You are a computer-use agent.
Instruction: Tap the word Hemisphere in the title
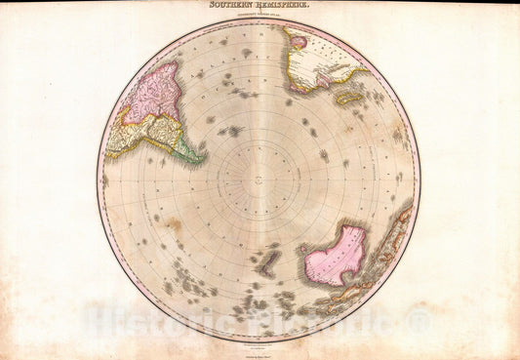pyautogui.click(x=280, y=6)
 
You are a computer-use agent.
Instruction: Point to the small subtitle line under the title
pyautogui.click(x=259, y=16)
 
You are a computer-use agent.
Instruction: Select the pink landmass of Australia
pyautogui.click(x=334, y=257)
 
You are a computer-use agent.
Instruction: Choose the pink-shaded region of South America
pyautogui.click(x=155, y=94)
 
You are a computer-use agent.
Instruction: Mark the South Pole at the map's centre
pyautogui.click(x=259, y=178)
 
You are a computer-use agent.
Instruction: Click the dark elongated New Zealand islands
pyautogui.click(x=265, y=260)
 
